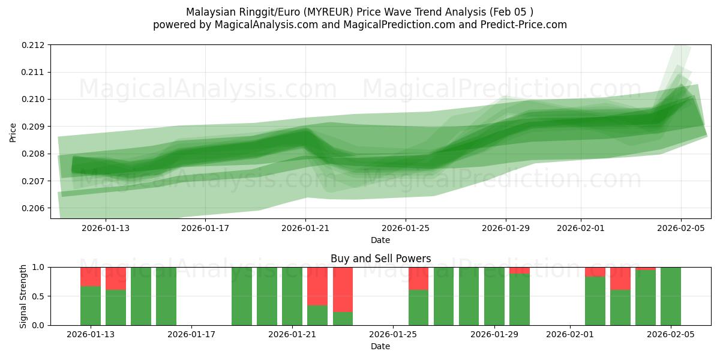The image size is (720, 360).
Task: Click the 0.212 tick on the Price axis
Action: coord(35,45)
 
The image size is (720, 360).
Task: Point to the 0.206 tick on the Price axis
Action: coord(35,208)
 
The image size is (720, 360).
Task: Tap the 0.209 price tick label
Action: coord(35,127)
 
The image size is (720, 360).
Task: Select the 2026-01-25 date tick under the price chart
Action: coord(406,228)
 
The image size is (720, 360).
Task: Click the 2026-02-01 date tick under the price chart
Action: coord(581,228)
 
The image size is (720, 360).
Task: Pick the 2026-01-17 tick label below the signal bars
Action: coord(191,335)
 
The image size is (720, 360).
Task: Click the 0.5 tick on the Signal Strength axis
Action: coord(39,296)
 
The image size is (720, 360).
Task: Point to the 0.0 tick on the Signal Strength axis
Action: coord(39,325)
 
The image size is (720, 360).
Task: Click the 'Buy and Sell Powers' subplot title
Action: coord(380,259)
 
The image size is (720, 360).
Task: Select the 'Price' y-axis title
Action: coord(13,132)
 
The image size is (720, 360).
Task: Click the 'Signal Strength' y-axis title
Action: coord(23,296)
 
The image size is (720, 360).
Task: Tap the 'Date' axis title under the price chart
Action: coord(380,240)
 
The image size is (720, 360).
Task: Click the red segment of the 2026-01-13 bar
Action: coord(91,277)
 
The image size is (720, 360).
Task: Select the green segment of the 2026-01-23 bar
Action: coord(343,319)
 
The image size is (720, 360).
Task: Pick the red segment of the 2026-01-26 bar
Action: coord(418,278)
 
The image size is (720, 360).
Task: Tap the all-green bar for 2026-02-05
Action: coord(670,296)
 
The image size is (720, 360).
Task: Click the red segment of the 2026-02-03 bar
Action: coord(620,278)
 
